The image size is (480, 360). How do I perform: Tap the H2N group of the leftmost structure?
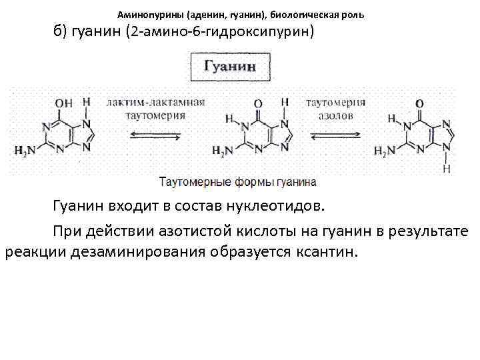[x=25, y=151]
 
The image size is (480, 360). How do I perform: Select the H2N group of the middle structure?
[x=222, y=151]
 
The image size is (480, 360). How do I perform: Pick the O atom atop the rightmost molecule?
[x=419, y=103]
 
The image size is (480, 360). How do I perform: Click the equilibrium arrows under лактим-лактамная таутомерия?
[x=155, y=135]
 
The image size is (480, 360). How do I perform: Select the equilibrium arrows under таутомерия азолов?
[x=336, y=135]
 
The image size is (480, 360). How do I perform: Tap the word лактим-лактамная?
[x=155, y=103]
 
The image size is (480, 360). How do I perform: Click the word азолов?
[x=335, y=115]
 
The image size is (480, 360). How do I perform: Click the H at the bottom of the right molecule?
[x=447, y=169]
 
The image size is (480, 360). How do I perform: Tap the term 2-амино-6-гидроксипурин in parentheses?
[x=221, y=32]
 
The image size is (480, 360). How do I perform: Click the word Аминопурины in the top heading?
[x=144, y=14]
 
